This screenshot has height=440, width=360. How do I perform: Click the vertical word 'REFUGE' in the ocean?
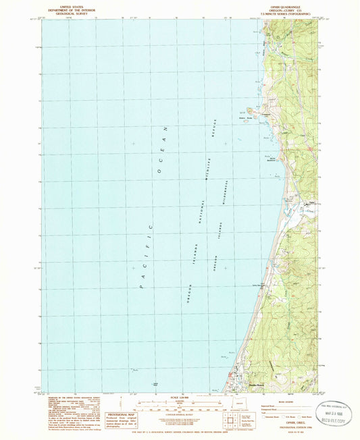(x=210, y=134)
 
